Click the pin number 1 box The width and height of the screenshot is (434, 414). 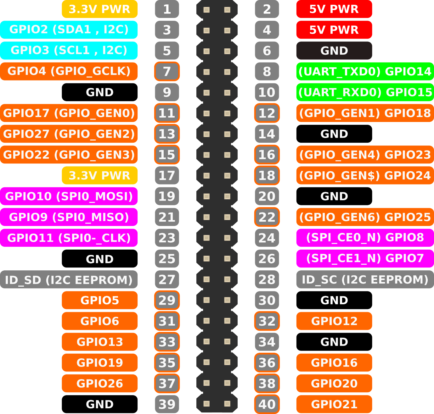[x=167, y=9]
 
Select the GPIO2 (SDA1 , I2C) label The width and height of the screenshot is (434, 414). [x=69, y=30]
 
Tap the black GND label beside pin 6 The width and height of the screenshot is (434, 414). [x=334, y=51]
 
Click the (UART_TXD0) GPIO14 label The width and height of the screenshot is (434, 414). [x=365, y=71]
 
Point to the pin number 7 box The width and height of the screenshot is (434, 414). [x=167, y=71]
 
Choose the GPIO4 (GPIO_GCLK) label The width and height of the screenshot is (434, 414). [x=69, y=71]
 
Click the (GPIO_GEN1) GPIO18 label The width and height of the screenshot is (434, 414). [x=365, y=113]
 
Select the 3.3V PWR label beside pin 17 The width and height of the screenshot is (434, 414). [x=99, y=175]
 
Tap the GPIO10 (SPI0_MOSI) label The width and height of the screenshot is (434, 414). [x=69, y=196]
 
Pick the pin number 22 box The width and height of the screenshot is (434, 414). [x=267, y=217]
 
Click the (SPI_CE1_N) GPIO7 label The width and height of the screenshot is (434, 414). [x=365, y=258]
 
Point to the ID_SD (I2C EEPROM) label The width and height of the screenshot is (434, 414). [x=69, y=279]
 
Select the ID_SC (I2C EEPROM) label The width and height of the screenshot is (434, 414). [x=365, y=279]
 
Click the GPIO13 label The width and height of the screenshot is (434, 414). [x=99, y=342]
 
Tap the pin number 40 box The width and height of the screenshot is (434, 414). [x=267, y=404]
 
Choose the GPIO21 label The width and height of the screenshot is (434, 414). [x=334, y=404]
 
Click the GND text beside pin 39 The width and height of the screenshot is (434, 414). [x=99, y=404]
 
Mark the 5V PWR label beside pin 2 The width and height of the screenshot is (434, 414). [x=334, y=9]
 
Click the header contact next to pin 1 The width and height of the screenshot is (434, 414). [x=206, y=10]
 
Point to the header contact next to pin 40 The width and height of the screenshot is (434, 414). [x=227, y=404]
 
